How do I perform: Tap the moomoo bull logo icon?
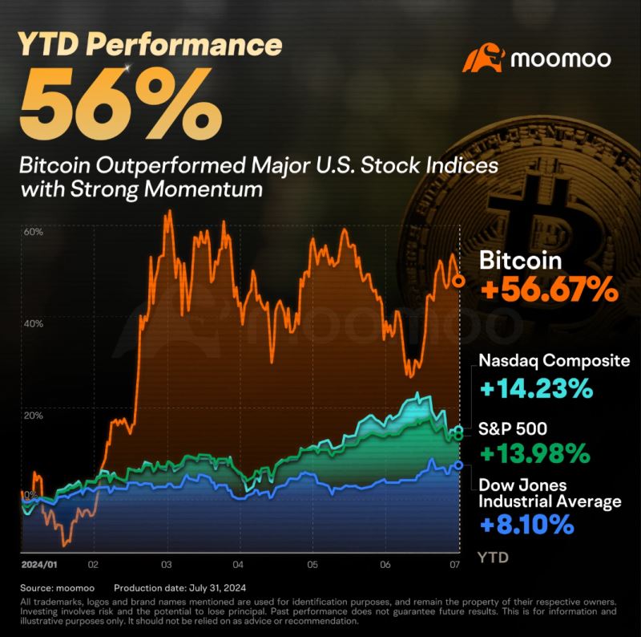(x=485, y=60)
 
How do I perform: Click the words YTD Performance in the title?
(x=151, y=45)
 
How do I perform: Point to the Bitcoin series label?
(x=521, y=260)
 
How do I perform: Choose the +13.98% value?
(x=535, y=455)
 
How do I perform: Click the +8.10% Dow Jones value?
(x=526, y=525)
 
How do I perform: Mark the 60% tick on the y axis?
(x=33, y=233)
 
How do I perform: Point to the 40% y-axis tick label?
(x=33, y=324)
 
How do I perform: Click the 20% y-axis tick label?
(x=33, y=416)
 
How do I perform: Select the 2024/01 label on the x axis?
(x=37, y=564)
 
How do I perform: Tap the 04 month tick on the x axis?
(x=239, y=564)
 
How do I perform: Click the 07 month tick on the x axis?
(x=454, y=564)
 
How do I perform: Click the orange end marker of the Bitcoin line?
(x=458, y=281)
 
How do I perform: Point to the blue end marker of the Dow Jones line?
(x=458, y=465)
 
